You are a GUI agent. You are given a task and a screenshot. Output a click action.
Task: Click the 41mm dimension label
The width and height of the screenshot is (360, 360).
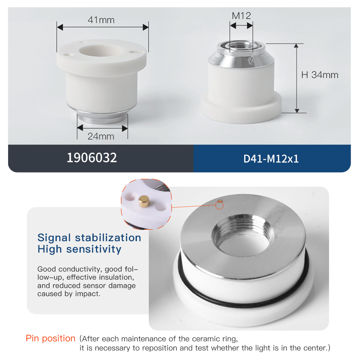(x=101, y=20)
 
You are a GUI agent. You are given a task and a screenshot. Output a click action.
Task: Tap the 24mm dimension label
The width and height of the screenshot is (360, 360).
(x=101, y=136)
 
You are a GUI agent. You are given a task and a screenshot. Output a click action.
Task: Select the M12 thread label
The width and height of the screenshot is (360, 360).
(x=241, y=16)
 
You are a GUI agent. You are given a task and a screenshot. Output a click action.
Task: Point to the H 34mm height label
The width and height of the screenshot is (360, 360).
(x=320, y=75)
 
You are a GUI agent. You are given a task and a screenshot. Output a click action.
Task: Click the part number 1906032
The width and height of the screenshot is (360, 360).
(x=92, y=158)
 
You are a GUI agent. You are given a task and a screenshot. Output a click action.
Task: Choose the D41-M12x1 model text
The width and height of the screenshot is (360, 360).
(x=271, y=159)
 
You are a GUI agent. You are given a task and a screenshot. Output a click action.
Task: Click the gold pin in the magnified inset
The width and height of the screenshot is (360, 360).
(x=144, y=201)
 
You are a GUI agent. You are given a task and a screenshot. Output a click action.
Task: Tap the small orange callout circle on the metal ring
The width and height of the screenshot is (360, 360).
(x=220, y=205)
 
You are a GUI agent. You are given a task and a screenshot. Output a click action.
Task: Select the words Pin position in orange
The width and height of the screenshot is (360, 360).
(x=50, y=338)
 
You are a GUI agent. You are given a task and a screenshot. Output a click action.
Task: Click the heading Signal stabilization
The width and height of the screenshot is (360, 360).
(x=89, y=238)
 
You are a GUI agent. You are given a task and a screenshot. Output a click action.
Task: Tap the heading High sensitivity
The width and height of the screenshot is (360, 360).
(x=79, y=249)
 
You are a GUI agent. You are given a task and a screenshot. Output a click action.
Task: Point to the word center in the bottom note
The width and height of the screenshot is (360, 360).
(x=315, y=348)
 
